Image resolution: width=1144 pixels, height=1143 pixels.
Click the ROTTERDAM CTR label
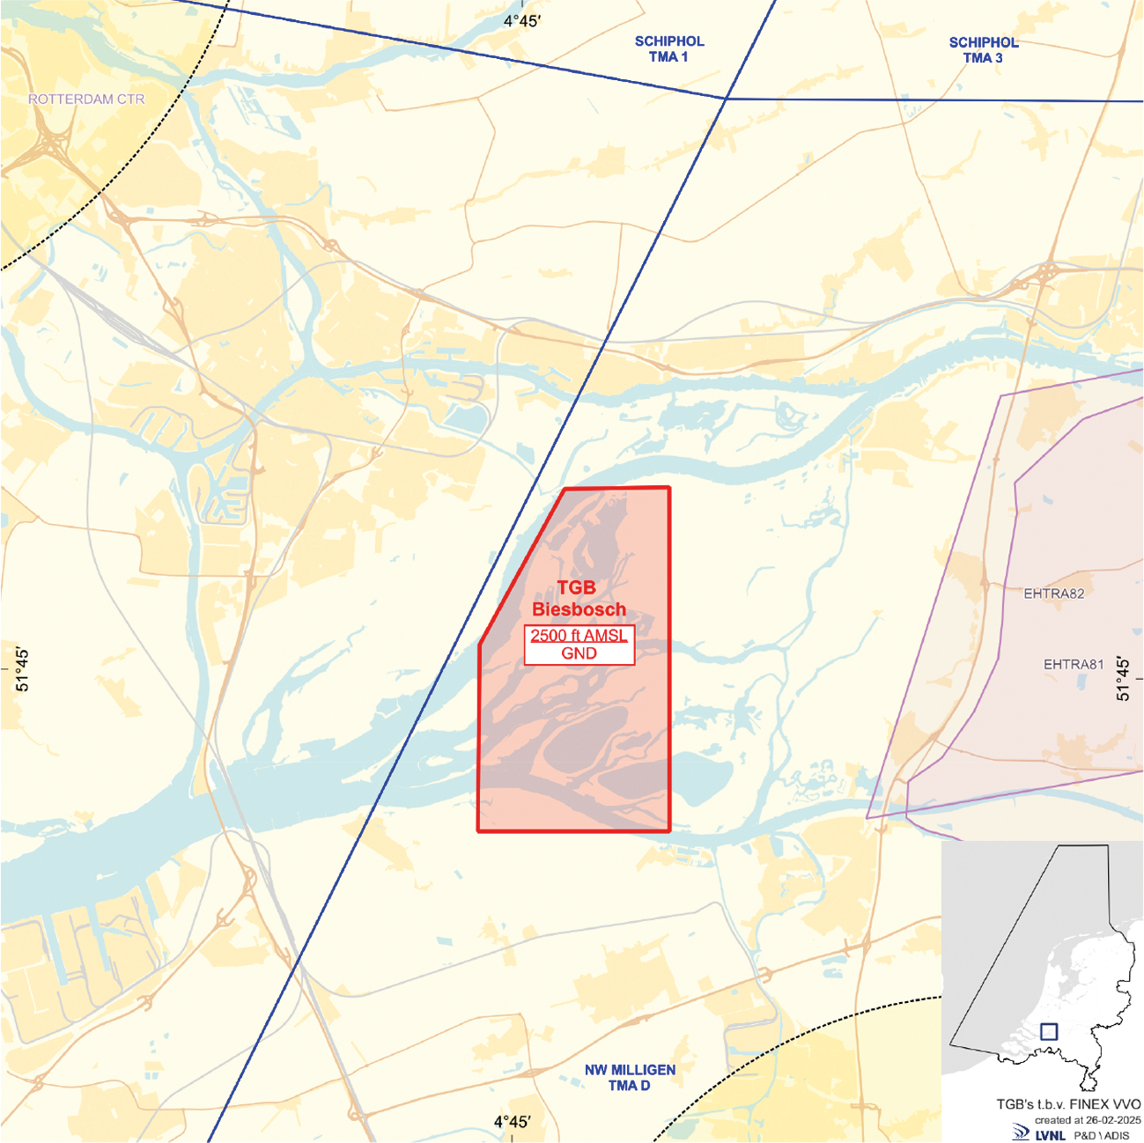click(86, 100)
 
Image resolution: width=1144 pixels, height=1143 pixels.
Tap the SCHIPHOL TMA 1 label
click(669, 49)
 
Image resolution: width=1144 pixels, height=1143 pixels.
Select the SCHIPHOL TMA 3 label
click(983, 50)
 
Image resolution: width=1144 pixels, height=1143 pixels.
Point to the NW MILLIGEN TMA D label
click(630, 1078)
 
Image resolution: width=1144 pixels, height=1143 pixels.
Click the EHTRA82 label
click(1053, 594)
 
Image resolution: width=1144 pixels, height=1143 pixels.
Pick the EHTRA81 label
click(1073, 665)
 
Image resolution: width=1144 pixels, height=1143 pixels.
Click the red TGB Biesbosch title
click(579, 599)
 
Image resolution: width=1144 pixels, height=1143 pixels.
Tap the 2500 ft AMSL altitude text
click(579, 636)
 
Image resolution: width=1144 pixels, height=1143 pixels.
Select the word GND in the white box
click(579, 653)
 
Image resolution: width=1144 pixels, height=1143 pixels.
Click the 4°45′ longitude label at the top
click(521, 21)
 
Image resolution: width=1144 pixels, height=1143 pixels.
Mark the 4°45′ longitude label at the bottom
click(512, 1122)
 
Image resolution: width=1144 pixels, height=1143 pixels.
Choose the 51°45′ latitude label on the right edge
click(1122, 677)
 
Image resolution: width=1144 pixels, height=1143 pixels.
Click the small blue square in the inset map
click(1048, 1031)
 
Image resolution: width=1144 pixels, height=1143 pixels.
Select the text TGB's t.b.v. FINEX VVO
click(1068, 1104)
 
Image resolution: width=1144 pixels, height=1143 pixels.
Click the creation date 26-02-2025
click(1113, 1120)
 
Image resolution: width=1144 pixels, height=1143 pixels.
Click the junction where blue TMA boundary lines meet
click(725, 99)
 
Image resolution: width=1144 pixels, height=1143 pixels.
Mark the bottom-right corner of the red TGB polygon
click(669, 830)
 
